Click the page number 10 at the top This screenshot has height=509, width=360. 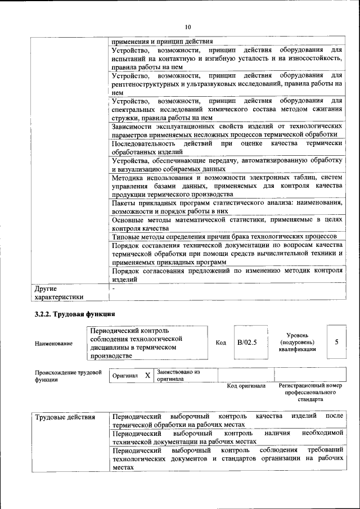(188, 26)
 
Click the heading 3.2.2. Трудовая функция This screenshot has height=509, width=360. (75, 314)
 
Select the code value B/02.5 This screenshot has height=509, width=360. (246, 342)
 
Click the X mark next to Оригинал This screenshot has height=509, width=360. (147, 375)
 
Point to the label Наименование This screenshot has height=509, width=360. (53, 343)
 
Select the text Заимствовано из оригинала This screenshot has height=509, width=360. (179, 375)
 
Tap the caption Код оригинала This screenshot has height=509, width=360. (246, 386)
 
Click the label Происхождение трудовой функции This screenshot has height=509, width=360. (67, 376)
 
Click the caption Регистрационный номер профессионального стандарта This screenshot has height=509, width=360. (310, 393)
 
